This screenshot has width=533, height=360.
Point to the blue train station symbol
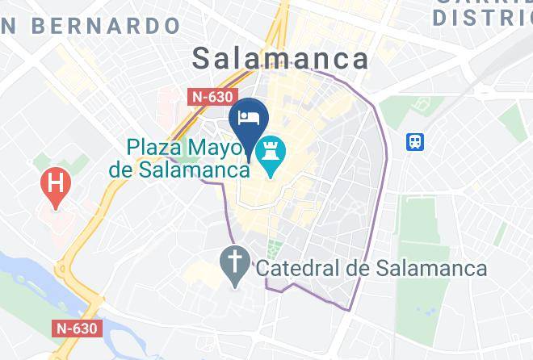pyautogui.click(x=416, y=142)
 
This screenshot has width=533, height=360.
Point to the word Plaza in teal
pyautogui.click(x=153, y=148)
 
